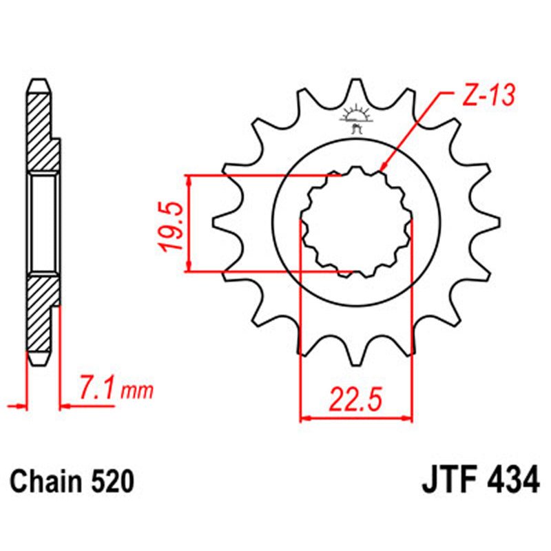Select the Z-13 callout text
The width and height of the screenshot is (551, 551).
pos(487,96)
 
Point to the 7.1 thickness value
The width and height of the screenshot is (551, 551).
pos(98,390)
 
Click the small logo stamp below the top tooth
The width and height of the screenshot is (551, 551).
pos(355,118)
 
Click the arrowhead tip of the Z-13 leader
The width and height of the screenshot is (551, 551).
pos(381,169)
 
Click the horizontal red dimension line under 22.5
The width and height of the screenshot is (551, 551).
pos(355,417)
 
